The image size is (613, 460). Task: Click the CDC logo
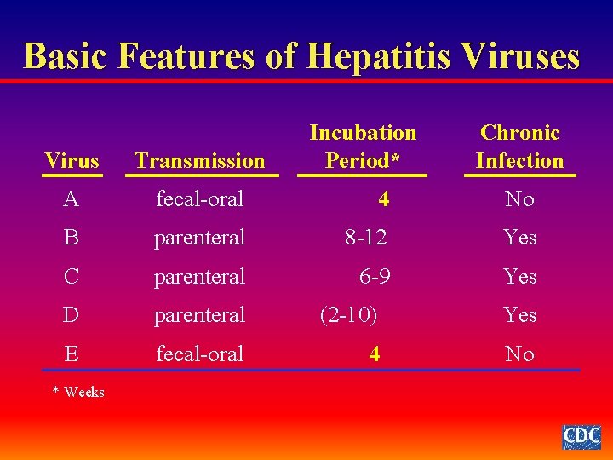tap(581, 436)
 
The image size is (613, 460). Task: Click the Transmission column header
tap(200, 160)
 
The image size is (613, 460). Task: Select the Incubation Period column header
tap(363, 147)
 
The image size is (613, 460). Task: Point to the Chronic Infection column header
tap(519, 147)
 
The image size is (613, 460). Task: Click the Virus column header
tap(72, 160)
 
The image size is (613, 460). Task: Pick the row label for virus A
tap(72, 199)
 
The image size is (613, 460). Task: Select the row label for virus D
tap(72, 315)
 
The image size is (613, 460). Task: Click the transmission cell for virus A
tap(199, 199)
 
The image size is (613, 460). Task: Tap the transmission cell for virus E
tap(199, 354)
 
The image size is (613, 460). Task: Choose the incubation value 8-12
tap(365, 238)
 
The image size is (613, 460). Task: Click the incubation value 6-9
tap(375, 277)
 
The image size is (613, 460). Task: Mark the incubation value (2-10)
tap(348, 315)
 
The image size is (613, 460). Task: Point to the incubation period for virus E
tap(375, 354)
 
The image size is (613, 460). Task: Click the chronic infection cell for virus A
tap(519, 199)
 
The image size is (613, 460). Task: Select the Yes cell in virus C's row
tap(519, 277)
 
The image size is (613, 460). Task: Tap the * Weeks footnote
tap(78, 392)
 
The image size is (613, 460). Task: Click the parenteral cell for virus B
tap(199, 238)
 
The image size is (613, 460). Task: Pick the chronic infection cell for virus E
tap(519, 354)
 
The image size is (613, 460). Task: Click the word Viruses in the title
tap(520, 56)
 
